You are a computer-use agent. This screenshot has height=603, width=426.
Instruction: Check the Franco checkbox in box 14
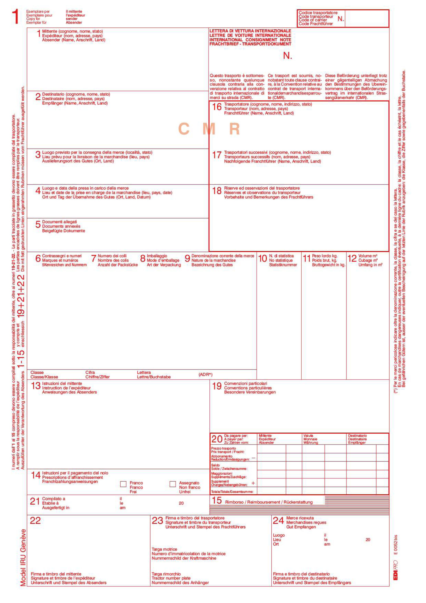click(123, 484)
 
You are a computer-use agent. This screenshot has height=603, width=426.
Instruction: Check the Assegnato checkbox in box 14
click(173, 484)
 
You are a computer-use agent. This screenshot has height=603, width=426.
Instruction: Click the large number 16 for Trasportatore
click(217, 107)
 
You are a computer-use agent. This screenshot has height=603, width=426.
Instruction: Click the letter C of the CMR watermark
click(184, 129)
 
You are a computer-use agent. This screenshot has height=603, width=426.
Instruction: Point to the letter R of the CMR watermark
click(234, 129)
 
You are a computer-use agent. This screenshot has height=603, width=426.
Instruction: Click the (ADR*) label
click(205, 375)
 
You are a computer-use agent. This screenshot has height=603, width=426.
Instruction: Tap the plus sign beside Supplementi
click(253, 483)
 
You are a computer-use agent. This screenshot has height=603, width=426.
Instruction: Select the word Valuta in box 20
click(308, 436)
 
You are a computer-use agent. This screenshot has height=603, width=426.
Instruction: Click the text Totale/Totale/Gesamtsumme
click(232, 492)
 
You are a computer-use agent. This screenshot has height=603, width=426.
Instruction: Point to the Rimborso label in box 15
click(234, 502)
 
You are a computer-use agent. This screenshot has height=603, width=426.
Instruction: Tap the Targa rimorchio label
click(166, 574)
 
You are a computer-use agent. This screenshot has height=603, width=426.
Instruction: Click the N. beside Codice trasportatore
click(340, 19)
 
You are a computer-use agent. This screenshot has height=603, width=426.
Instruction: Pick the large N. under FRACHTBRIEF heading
click(287, 56)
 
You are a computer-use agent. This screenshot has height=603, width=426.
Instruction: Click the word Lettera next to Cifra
click(144, 372)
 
